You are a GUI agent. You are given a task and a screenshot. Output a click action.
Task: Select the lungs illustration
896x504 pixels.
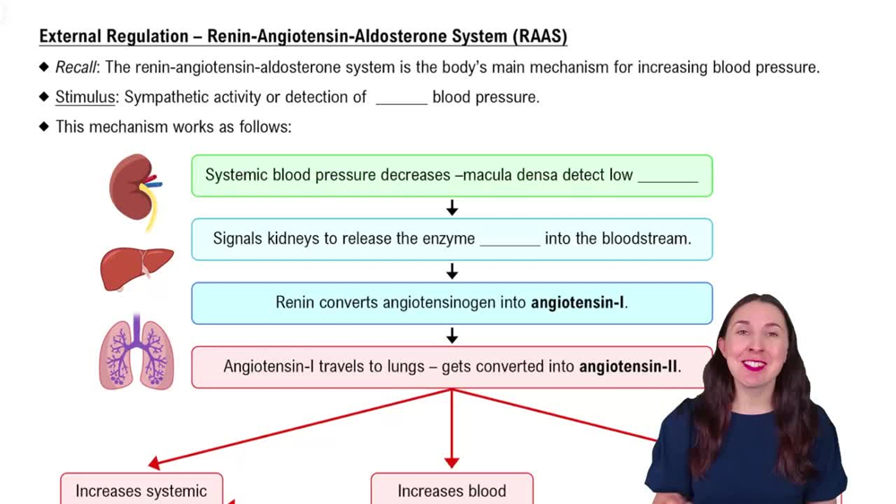(x=136, y=354)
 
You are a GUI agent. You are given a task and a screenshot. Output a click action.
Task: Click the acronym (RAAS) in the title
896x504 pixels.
(x=540, y=37)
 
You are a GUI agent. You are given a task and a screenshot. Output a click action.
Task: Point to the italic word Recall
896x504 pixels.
(x=75, y=67)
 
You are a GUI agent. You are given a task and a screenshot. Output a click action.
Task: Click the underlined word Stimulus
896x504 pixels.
(x=85, y=97)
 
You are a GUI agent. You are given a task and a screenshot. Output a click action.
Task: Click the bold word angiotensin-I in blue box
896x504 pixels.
(x=578, y=303)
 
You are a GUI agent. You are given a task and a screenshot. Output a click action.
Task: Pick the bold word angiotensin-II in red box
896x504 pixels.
(x=629, y=367)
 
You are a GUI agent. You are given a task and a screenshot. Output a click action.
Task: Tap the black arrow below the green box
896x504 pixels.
(x=452, y=208)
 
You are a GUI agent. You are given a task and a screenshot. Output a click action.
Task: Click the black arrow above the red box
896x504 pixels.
(x=452, y=335)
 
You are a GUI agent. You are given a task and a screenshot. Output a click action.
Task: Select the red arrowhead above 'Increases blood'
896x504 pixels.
(x=452, y=461)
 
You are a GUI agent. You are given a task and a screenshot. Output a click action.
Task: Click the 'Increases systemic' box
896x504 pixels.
(x=142, y=490)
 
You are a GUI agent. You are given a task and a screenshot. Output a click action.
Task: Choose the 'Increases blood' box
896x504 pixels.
(x=452, y=490)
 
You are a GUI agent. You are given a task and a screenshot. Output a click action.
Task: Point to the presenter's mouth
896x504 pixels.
(x=754, y=365)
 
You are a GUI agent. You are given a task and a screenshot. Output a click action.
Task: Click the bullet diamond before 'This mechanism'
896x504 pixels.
(x=44, y=126)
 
